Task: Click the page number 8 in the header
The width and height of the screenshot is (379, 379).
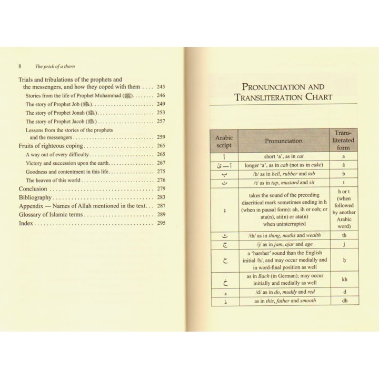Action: coord(19,67)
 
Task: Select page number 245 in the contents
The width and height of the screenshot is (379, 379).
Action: coord(161,87)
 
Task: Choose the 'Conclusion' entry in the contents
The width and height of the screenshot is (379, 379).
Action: coord(33,188)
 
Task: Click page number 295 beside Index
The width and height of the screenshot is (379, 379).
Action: coord(161,223)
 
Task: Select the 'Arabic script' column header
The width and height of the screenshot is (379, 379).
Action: coord(224,141)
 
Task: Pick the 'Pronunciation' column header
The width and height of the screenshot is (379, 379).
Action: coord(283,141)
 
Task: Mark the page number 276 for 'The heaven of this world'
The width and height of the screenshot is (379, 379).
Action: coord(161,180)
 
